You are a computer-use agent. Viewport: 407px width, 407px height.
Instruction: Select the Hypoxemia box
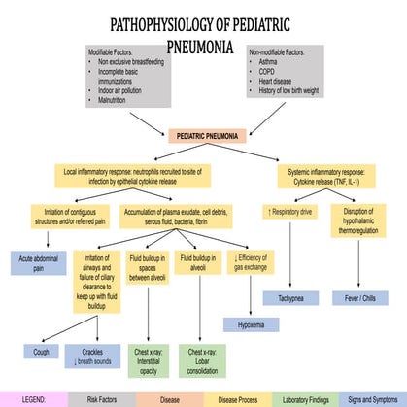click(x=251, y=324)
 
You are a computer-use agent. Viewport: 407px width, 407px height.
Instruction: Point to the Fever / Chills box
click(x=357, y=297)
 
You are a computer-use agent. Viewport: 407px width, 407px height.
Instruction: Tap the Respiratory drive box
click(x=289, y=211)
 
